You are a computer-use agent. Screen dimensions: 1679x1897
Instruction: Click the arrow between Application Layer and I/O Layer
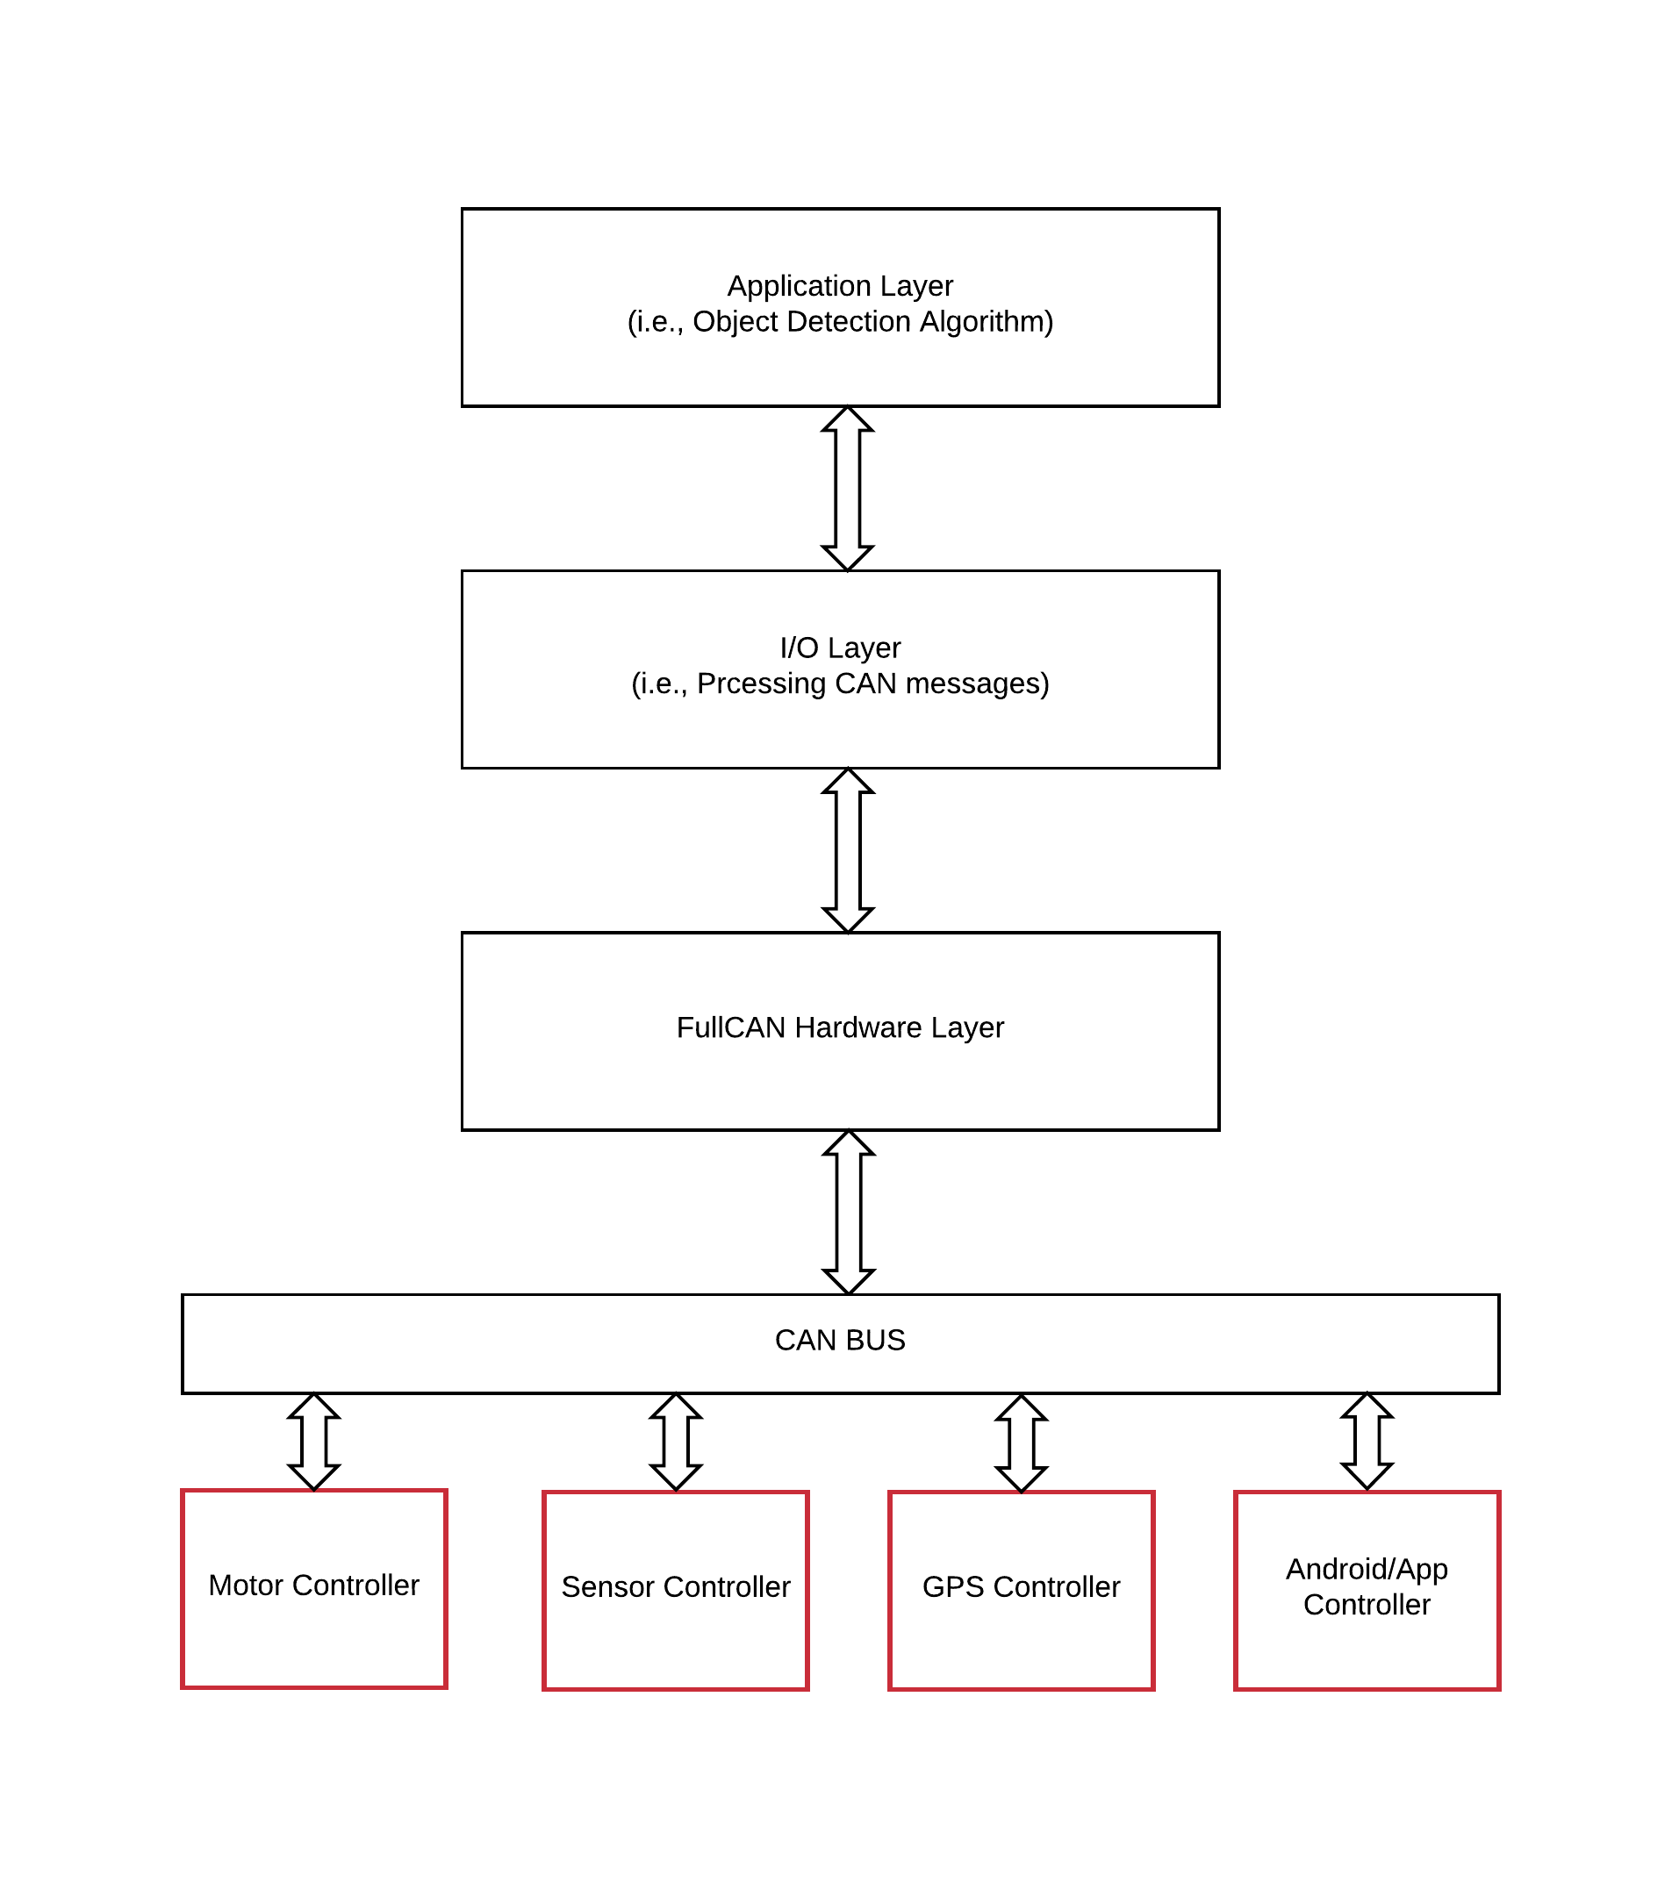point(847,488)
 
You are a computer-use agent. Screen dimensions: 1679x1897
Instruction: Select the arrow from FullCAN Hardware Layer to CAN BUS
point(849,1212)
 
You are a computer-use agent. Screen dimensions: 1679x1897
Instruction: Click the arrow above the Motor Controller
point(313,1442)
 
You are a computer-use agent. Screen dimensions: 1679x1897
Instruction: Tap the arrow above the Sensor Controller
point(676,1442)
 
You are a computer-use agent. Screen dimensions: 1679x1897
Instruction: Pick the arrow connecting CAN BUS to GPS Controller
point(1021,1443)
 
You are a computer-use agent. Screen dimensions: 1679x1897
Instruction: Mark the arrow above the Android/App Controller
point(1367,1442)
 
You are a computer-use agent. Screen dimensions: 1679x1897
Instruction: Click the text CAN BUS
point(840,1340)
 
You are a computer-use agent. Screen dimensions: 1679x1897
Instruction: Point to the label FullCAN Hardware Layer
point(840,1027)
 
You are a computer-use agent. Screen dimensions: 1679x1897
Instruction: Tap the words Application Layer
point(840,286)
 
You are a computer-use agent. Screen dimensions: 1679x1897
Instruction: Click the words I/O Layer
point(840,648)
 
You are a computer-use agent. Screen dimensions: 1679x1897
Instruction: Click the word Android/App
point(1367,1570)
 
